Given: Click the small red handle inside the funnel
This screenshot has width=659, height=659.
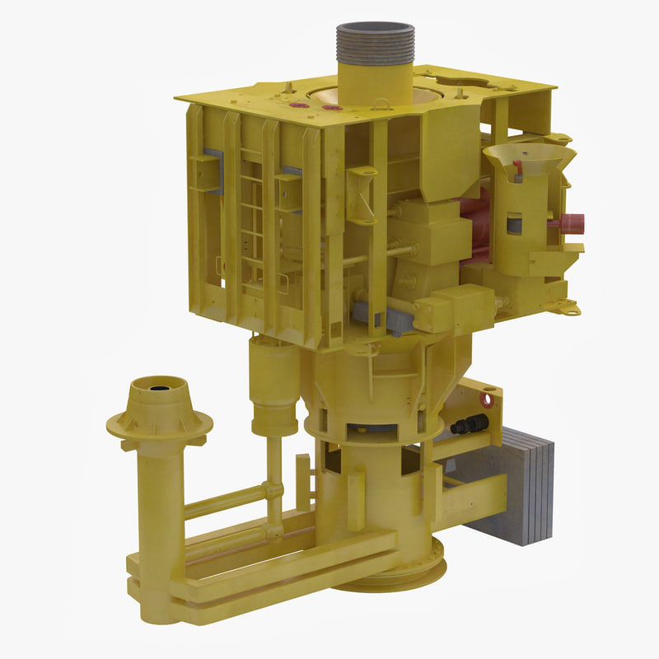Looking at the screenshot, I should pyautogui.click(x=516, y=170).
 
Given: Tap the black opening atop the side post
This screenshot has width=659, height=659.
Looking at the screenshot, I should pyautogui.click(x=157, y=385).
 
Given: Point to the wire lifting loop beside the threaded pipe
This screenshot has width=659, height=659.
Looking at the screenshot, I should pyautogui.click(x=381, y=105).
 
